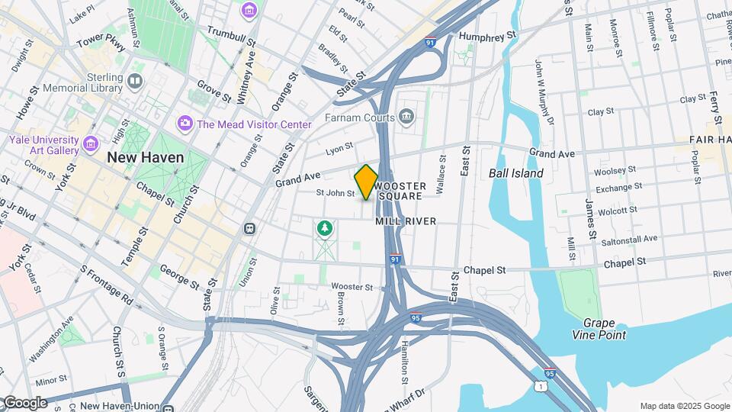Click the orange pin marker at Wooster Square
(366, 182)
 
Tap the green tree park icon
(325, 228)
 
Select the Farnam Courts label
(360, 117)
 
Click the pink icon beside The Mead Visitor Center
(185, 124)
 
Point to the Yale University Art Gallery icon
(91, 143)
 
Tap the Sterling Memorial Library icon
(135, 81)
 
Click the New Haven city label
(146, 157)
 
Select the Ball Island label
(516, 173)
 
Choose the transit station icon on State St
(249, 228)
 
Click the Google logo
(24, 403)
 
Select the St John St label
(335, 194)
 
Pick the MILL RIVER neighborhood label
(406, 221)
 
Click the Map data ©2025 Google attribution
(684, 406)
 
